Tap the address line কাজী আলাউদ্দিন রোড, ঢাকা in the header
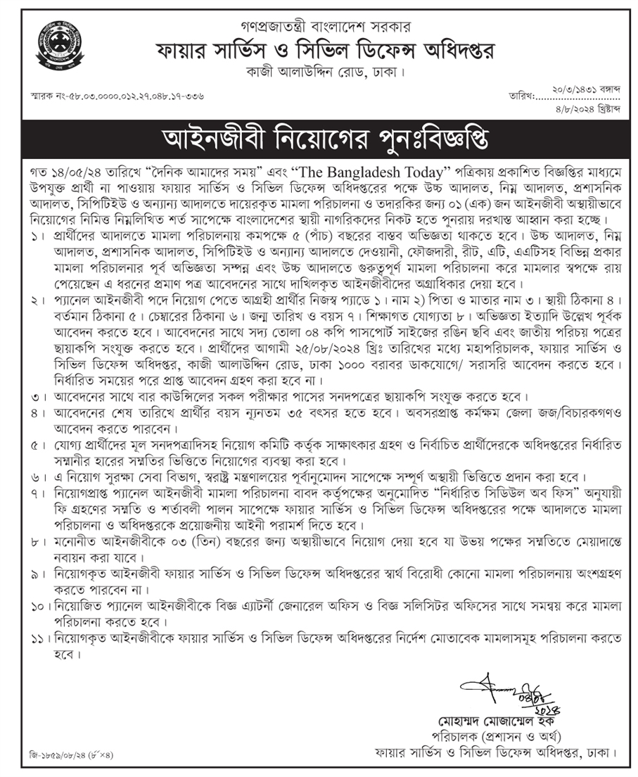318,72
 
